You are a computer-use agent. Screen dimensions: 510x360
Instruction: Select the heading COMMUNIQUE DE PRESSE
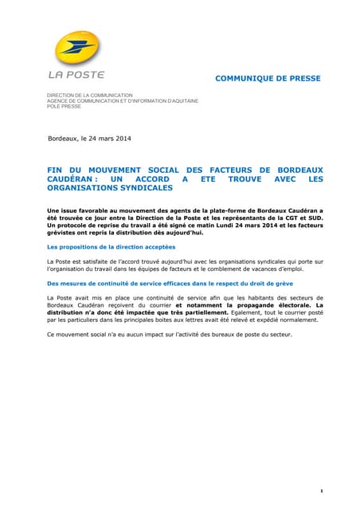click(268, 79)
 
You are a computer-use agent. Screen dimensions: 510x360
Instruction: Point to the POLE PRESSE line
click(65, 106)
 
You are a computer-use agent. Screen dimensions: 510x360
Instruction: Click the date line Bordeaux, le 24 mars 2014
click(90, 139)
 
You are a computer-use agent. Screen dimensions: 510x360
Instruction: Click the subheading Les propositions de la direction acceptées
click(111, 247)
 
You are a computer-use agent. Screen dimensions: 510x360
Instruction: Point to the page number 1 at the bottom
click(319, 469)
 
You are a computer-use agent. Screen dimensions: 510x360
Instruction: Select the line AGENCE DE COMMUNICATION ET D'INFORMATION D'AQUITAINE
click(123, 101)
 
